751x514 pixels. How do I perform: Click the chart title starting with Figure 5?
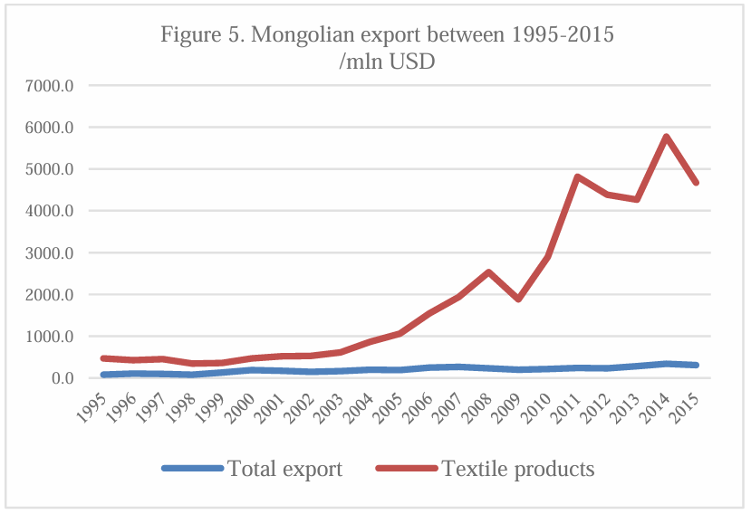pos(388,36)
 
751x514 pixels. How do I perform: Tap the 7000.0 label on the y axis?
pos(63,86)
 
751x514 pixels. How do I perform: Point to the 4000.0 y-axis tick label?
pos(63,212)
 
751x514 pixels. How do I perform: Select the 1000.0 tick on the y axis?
pos(63,337)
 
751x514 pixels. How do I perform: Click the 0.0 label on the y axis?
pos(73,378)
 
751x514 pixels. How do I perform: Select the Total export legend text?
pos(285,469)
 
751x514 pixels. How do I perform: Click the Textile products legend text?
pos(518,469)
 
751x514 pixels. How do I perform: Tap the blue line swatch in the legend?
pos(192,469)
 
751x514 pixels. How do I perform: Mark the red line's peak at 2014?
pos(667,138)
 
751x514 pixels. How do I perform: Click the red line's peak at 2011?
pos(577,176)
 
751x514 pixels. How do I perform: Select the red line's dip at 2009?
pos(518,299)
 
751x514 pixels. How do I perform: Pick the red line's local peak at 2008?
pos(488,271)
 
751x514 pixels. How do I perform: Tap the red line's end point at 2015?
pos(696,183)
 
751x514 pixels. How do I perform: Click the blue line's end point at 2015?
pos(696,366)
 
